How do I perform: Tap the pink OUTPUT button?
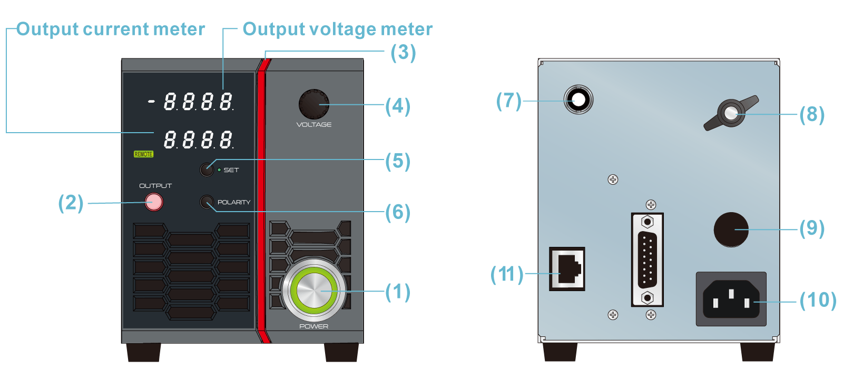click(154, 202)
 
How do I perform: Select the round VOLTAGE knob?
click(313, 104)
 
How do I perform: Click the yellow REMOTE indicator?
click(143, 154)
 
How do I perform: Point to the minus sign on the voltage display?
click(152, 101)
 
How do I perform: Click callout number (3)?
click(403, 53)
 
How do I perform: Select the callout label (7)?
click(508, 101)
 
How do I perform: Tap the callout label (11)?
click(506, 274)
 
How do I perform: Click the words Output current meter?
click(111, 29)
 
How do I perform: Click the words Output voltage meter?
click(337, 29)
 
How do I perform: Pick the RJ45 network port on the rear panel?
click(567, 268)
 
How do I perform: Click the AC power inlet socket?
click(731, 299)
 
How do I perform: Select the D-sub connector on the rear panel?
click(647, 260)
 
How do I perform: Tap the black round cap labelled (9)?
click(731, 230)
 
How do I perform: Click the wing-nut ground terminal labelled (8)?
click(731, 113)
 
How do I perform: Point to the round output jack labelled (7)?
click(578, 99)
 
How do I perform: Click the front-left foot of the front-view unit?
click(144, 352)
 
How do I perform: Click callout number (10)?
click(818, 300)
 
